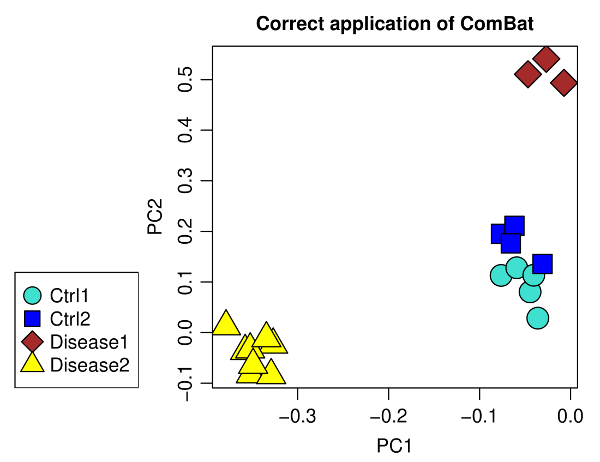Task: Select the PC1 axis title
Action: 394,446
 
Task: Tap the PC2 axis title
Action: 155,217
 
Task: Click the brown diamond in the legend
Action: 33,342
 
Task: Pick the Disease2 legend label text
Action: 89,364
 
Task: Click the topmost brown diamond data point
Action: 546,58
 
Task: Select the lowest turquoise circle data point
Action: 538,318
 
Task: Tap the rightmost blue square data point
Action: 542,264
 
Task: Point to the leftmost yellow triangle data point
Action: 226,323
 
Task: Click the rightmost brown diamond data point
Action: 564,82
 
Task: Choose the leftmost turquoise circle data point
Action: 501,275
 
